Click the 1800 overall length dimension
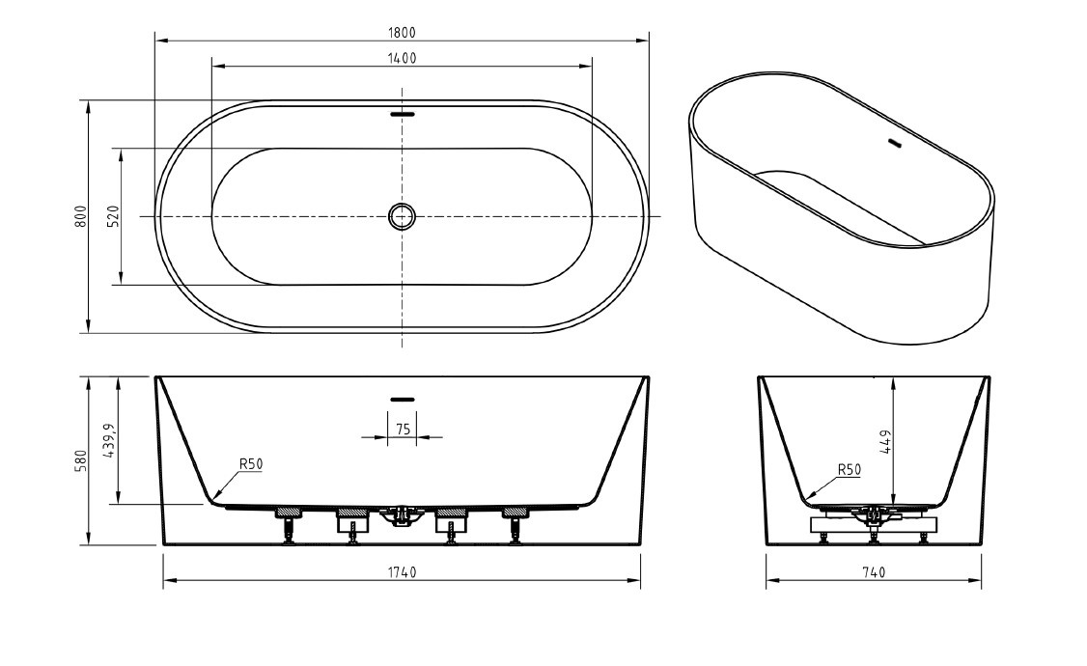(402, 32)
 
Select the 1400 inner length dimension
(402, 58)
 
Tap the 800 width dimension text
(82, 216)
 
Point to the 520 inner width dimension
(114, 216)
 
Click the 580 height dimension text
(82, 460)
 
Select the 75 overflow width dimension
(402, 429)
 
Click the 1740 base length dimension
(402, 572)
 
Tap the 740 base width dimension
(874, 572)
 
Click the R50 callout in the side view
(251, 464)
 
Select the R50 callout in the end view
(849, 470)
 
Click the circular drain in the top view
(402, 216)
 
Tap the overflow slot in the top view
(402, 113)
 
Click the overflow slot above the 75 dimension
(402, 398)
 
